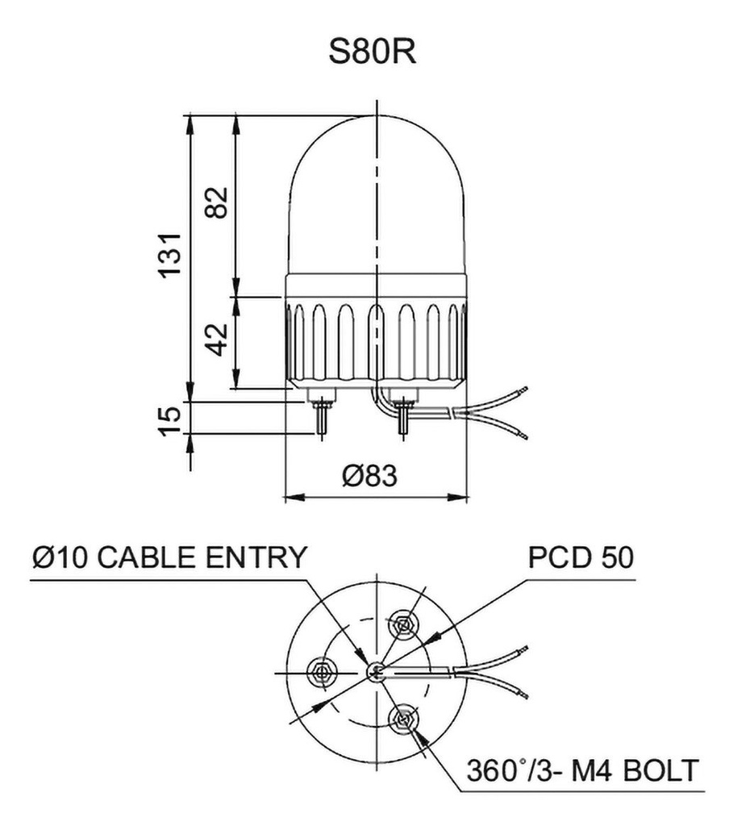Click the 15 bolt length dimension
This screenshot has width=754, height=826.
click(x=168, y=419)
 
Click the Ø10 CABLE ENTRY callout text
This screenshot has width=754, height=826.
click(x=169, y=557)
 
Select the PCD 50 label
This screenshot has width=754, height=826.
click(x=581, y=557)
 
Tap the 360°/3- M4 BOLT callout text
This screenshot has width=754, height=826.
click(x=581, y=770)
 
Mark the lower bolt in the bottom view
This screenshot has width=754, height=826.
click(x=401, y=716)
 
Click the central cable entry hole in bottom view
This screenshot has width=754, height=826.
click(x=375, y=670)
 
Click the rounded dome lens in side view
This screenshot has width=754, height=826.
click(x=377, y=194)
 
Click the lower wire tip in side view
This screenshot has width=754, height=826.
click(x=524, y=436)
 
